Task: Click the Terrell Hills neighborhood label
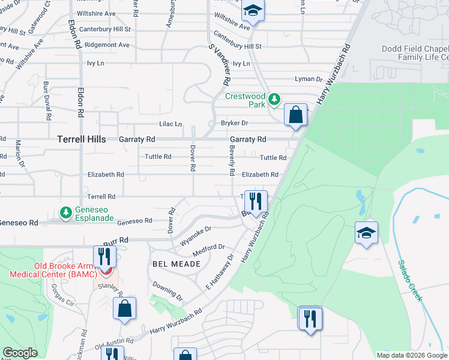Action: click(82, 139)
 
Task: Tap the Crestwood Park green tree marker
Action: click(274, 98)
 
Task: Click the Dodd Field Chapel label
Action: click(415, 49)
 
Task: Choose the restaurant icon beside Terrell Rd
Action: click(256, 202)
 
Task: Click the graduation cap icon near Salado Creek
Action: click(366, 233)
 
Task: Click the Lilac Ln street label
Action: click(170, 124)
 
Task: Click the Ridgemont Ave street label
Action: click(107, 45)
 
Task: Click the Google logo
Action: click(20, 353)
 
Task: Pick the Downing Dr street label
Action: click(167, 290)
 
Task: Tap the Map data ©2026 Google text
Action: click(412, 355)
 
